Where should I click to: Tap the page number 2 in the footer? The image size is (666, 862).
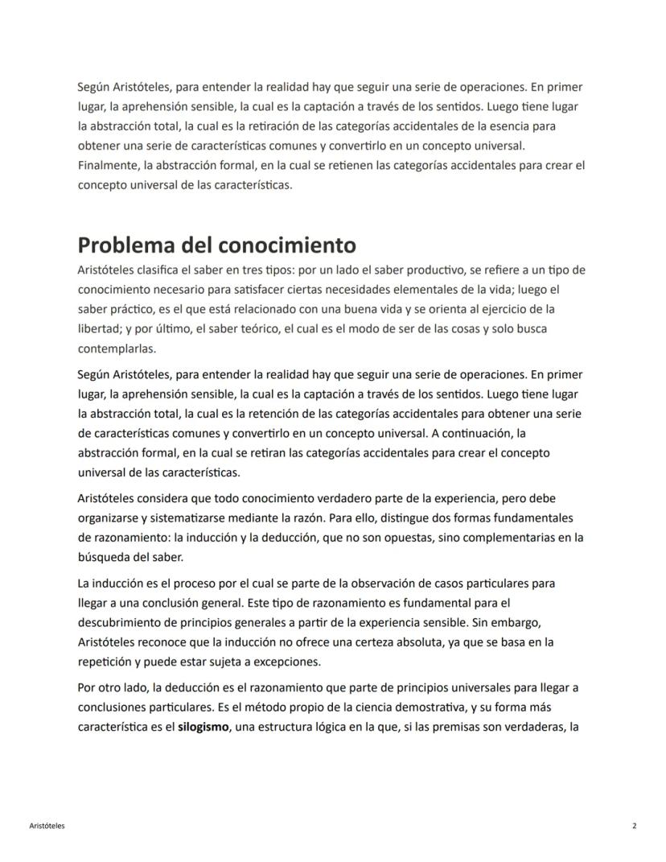point(634,826)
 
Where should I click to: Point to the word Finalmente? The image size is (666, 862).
point(108,165)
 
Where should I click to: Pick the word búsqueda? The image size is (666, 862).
point(104,556)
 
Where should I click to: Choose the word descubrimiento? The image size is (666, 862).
point(133,623)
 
